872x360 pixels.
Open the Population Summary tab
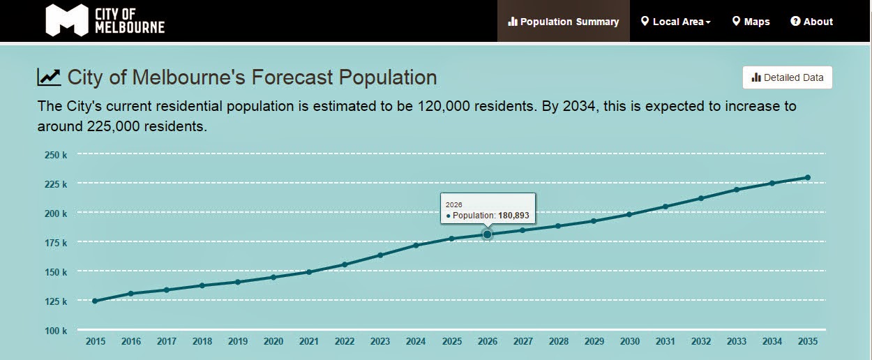[564, 22]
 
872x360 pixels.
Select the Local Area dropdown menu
[675, 22]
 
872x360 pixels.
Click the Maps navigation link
[751, 22]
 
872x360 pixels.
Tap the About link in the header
[811, 22]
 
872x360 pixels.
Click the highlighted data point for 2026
[487, 234]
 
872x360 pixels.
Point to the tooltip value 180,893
[513, 216]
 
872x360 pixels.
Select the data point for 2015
[95, 301]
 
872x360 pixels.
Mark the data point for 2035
[808, 177]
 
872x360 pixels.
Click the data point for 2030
[629, 214]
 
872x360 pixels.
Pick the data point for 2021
[309, 271]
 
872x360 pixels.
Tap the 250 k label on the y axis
[56, 155]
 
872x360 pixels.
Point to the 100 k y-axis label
[56, 331]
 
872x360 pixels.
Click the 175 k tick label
[56, 243]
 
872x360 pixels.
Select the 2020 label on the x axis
[273, 342]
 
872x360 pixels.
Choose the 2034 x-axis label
[772, 342]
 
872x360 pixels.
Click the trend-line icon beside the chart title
[49, 77]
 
